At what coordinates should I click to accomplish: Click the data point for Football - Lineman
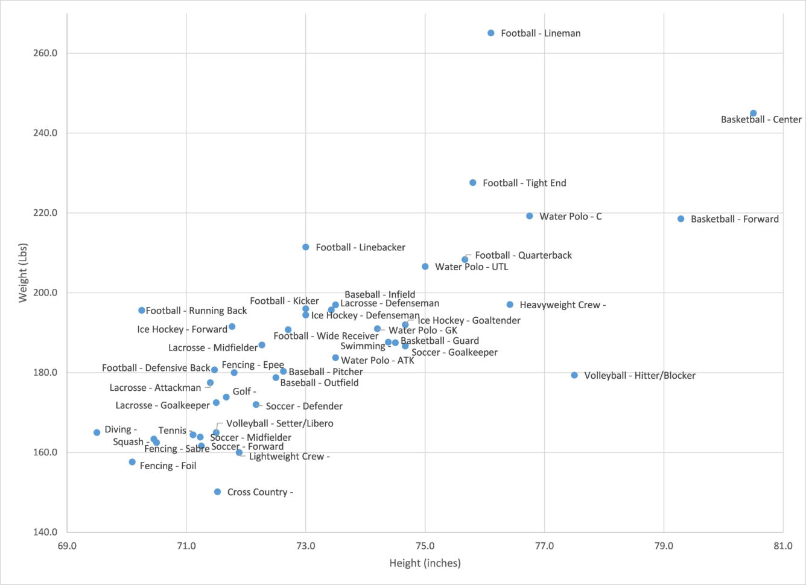(x=491, y=33)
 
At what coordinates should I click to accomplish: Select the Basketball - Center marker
(x=753, y=113)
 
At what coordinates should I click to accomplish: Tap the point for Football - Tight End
(x=473, y=183)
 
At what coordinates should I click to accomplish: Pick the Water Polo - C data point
(x=530, y=216)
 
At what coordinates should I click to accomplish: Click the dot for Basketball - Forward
(x=681, y=219)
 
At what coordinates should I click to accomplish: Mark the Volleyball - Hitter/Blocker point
(x=574, y=375)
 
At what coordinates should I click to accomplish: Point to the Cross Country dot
(x=217, y=492)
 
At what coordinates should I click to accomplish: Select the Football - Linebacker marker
(x=306, y=247)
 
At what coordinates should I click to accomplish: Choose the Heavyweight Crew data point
(x=510, y=305)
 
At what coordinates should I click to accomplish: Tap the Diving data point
(x=97, y=432)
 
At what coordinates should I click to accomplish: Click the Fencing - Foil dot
(x=132, y=462)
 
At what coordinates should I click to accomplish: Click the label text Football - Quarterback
(x=523, y=255)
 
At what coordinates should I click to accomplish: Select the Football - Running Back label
(x=197, y=311)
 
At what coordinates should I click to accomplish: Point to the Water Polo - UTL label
(x=471, y=267)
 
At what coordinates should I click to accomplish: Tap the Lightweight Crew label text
(x=289, y=457)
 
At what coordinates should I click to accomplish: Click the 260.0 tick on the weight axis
(x=45, y=53)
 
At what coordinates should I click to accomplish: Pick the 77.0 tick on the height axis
(x=544, y=546)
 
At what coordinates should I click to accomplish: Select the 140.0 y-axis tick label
(x=45, y=532)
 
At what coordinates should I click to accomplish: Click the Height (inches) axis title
(x=425, y=563)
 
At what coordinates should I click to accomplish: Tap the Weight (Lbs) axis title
(x=24, y=273)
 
